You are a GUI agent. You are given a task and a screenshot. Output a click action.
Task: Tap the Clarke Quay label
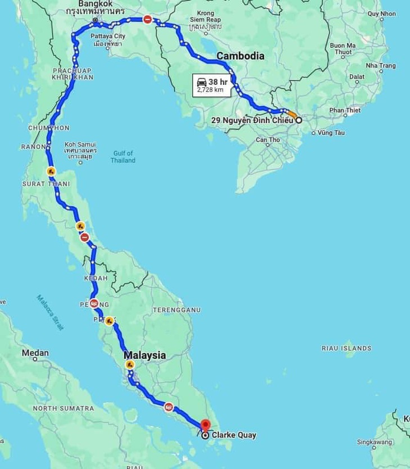tap(234, 435)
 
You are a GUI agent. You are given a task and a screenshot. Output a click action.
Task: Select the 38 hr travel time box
tap(212, 85)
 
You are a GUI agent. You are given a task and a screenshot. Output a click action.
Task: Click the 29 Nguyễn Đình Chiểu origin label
tap(252, 120)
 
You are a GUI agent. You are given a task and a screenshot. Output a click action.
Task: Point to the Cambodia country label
tap(240, 56)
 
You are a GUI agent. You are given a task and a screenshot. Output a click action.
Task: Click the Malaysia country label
tap(145, 355)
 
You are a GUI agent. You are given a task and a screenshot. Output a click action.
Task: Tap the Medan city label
tap(35, 353)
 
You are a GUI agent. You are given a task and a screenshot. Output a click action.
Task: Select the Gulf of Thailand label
tap(122, 157)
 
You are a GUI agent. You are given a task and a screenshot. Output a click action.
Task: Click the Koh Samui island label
tap(80, 148)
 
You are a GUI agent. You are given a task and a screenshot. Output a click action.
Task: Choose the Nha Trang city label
tap(381, 66)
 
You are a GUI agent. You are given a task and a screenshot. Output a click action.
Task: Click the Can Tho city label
tap(267, 140)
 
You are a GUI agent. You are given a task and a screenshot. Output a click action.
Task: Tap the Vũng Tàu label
tap(331, 133)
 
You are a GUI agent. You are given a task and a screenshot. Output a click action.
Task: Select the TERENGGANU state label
tap(176, 310)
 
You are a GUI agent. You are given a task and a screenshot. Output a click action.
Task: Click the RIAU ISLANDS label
tap(346, 348)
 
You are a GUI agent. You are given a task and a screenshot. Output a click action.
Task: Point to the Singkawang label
tap(374, 442)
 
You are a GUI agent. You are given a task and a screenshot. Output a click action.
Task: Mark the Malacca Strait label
tap(50, 313)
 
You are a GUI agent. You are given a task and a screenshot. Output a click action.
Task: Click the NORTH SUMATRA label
tap(63, 408)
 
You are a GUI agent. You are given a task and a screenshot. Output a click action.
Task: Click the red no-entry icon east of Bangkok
tap(147, 19)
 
